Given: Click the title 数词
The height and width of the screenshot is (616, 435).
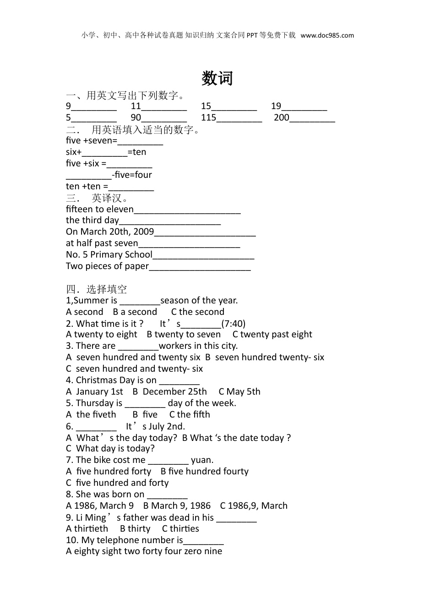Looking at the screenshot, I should tap(217, 78).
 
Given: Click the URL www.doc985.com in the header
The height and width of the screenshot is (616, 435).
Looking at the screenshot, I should tap(327, 35).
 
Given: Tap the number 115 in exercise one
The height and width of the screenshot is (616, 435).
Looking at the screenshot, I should tap(208, 117).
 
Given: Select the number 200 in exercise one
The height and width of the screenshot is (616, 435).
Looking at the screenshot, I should tap(281, 117).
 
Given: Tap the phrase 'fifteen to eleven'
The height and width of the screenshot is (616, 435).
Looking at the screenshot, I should tap(100, 209).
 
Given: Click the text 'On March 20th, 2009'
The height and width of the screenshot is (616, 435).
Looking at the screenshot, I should tap(110, 232).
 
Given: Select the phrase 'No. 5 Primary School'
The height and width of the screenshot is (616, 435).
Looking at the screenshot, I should tap(109, 255).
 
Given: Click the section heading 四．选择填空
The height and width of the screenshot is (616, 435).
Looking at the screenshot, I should tap(96, 289).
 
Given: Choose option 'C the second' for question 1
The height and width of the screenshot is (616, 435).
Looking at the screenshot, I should tap(197, 312).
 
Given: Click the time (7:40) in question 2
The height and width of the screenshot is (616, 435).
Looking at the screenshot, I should tap(234, 324).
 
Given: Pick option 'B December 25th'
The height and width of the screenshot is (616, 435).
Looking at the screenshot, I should tap(169, 392).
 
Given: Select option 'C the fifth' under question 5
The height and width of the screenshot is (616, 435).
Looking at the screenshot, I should tap(190, 414).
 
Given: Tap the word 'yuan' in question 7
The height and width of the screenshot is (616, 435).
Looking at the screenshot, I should tap(201, 460).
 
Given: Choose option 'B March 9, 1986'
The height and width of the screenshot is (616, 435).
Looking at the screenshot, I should tap(177, 506).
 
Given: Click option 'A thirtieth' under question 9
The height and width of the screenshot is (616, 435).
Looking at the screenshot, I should tap(87, 528).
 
